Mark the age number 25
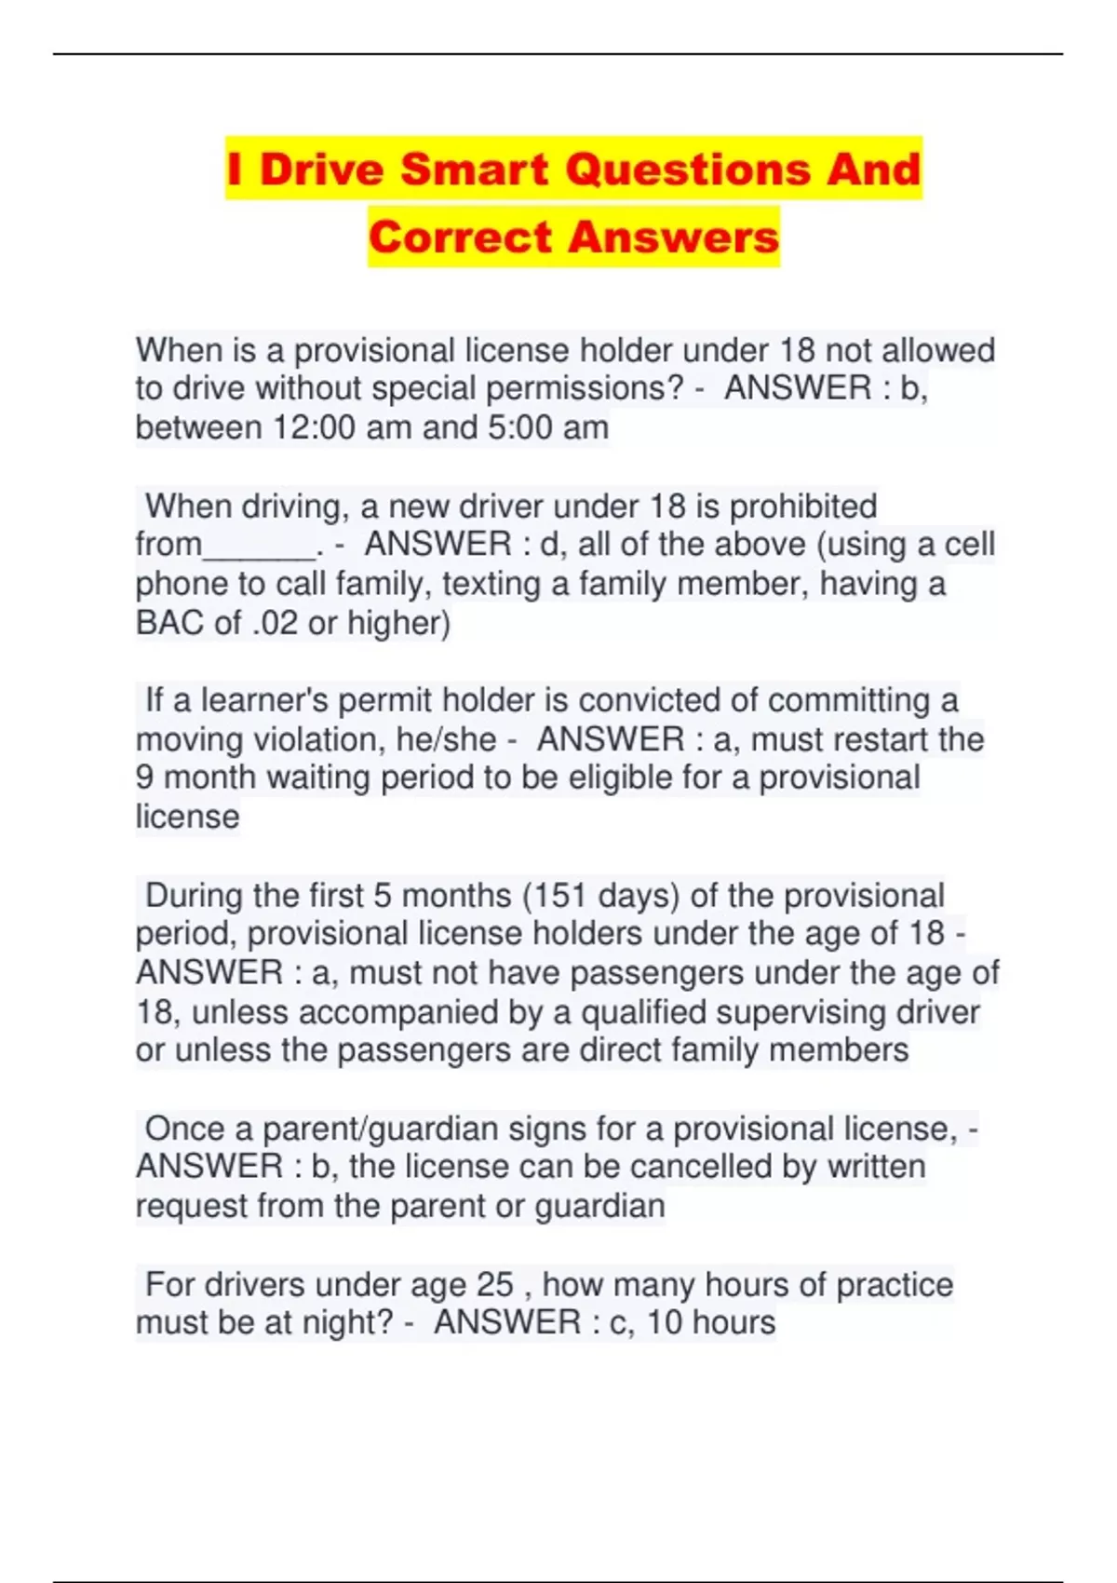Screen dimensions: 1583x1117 pyautogui.click(x=494, y=1285)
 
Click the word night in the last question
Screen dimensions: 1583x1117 pyautogui.click(x=345, y=1323)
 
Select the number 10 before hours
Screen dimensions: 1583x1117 pyautogui.click(x=665, y=1323)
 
